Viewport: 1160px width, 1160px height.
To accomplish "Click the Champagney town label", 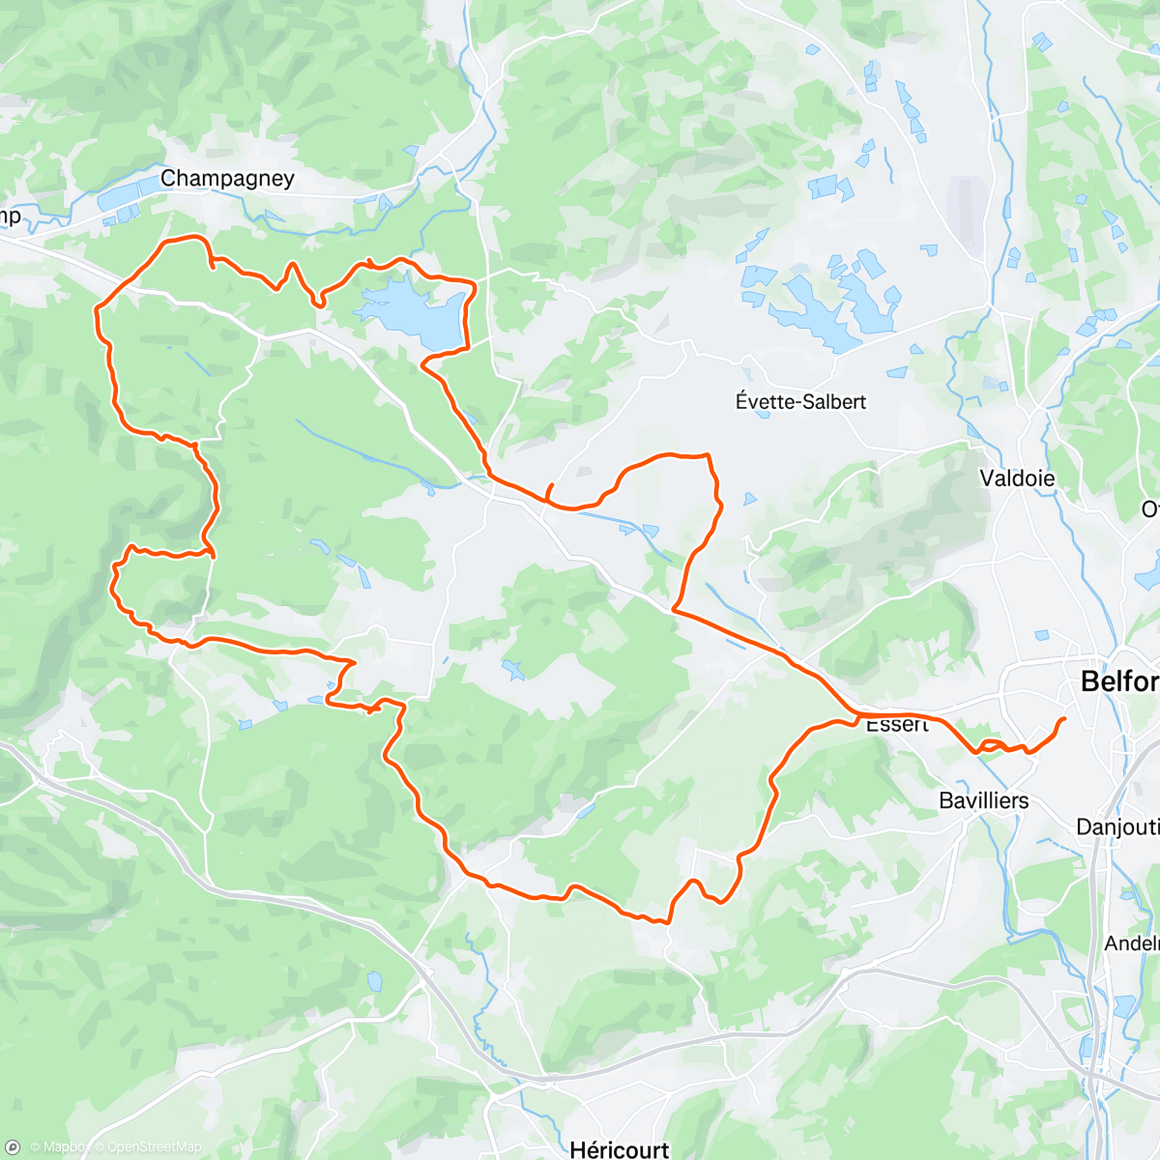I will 227,179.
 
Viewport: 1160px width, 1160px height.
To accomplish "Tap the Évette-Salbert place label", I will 800,401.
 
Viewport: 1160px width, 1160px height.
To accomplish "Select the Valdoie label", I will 1017,478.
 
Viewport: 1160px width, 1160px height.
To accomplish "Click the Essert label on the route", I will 896,725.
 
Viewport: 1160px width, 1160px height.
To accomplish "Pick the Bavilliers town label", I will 984,800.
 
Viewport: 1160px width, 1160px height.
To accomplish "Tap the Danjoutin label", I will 1117,826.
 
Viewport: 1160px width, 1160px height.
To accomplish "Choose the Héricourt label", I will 620,1149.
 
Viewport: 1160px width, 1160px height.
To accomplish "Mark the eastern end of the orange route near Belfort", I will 1064,719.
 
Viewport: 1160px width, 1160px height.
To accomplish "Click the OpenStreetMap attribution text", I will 155,1147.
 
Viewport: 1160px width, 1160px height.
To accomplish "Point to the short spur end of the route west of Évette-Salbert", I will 551,484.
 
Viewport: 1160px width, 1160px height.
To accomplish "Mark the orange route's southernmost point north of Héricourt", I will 666,922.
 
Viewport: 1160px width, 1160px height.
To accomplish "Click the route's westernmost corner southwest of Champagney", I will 96,310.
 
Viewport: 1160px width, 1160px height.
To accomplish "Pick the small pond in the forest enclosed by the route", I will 511,668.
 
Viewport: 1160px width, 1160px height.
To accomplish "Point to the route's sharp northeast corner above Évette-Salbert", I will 709,455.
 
